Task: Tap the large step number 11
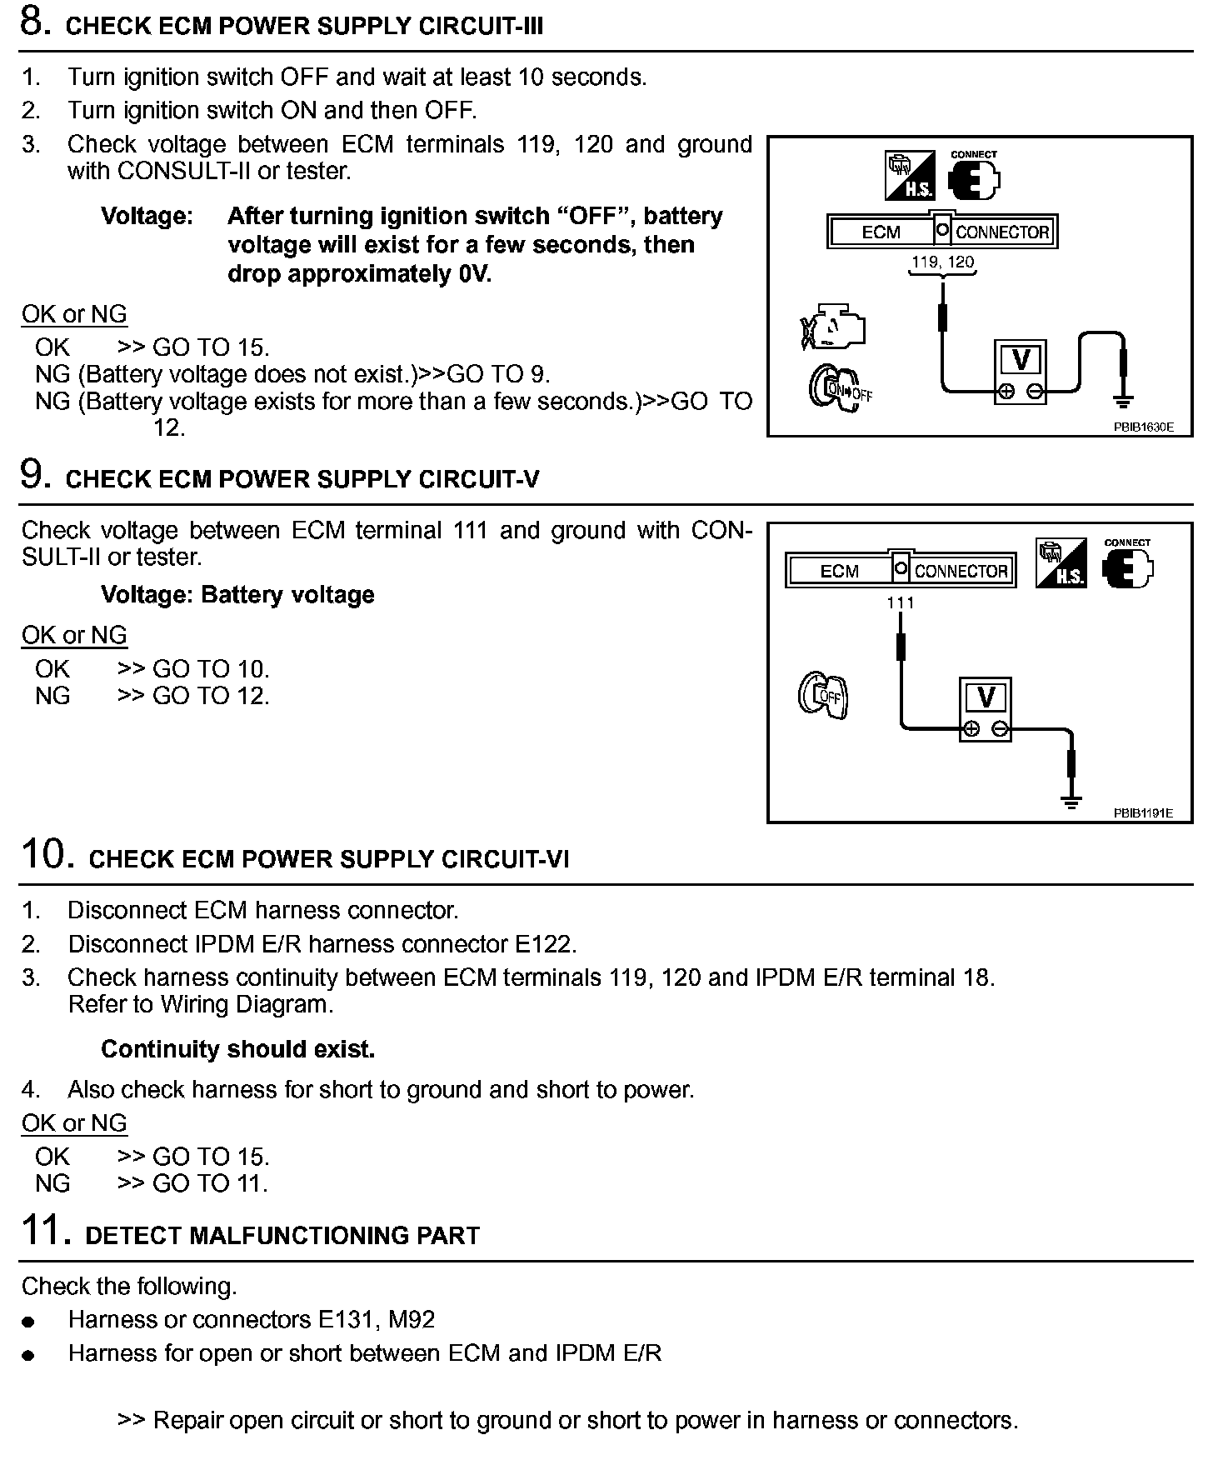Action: (42, 1231)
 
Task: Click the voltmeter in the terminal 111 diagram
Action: (986, 709)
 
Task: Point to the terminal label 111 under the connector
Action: (901, 602)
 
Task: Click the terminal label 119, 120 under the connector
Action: (942, 262)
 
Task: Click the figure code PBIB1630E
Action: (1143, 427)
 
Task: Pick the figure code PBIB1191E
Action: (1143, 812)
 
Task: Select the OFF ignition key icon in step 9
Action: (823, 695)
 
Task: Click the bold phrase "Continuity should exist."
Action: (237, 1049)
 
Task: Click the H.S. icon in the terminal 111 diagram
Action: (1061, 563)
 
